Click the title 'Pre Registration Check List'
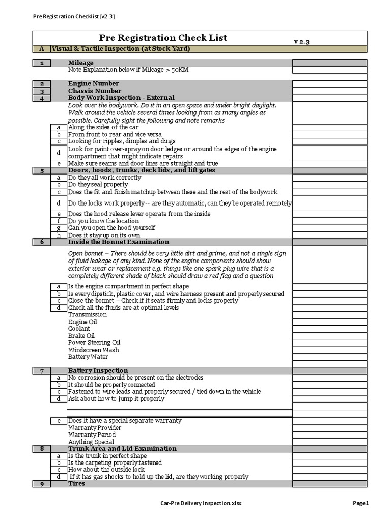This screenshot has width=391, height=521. coord(163,38)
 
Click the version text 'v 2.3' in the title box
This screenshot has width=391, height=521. coord(301,41)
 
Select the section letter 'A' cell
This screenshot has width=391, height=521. coord(42,49)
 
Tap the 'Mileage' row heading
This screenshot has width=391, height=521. coord(81,63)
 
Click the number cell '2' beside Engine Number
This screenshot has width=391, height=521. coord(42,83)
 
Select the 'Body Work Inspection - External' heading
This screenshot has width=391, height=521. coord(121,97)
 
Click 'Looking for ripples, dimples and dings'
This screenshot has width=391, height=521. coord(122,141)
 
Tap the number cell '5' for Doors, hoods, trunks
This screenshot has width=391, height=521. coord(42,170)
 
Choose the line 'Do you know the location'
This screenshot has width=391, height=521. coord(103,221)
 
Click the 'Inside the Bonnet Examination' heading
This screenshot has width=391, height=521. coord(119,242)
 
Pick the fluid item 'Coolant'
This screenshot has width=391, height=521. coord(79,329)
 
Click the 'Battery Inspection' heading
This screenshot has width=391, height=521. coord(98,370)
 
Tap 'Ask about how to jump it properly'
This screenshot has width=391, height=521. coord(117,399)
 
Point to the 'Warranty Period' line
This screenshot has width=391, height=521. coord(92,435)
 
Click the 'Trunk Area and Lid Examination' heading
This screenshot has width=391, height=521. coord(122,448)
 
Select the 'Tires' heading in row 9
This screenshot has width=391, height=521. coord(77,483)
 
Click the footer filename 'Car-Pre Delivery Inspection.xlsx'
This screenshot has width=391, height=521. coord(201,503)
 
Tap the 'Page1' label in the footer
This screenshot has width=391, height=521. coord(360,503)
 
